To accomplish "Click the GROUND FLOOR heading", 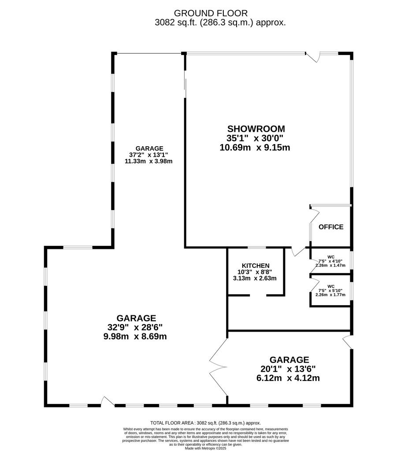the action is click(211, 13).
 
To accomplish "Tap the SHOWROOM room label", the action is click(256, 129).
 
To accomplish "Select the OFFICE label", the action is click(331, 227).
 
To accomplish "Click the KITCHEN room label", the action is click(256, 266).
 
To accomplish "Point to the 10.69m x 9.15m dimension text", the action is click(255, 148).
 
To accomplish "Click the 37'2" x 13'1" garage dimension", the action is click(148, 155).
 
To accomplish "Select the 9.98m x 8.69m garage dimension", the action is click(135, 336).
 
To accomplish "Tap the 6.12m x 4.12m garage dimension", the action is click(288, 378).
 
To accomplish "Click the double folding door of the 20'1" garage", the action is click(219, 367).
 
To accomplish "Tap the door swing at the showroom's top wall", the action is click(313, 57).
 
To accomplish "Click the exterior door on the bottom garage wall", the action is click(108, 401).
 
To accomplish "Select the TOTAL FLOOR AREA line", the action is click(205, 423).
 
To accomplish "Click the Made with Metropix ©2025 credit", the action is click(205, 448).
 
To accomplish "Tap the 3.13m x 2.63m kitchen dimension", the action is click(255, 278).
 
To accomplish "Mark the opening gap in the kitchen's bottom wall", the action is click(258, 296).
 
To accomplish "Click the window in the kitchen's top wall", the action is click(257, 248).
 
